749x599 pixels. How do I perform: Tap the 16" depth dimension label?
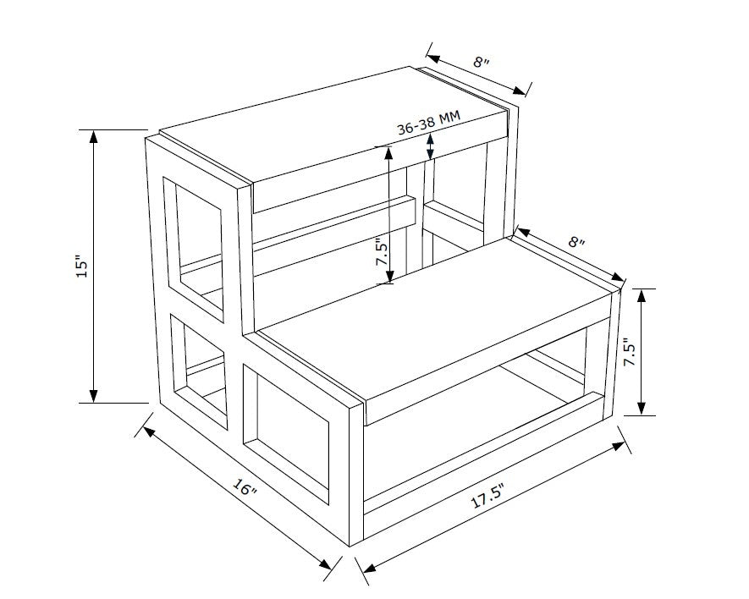click(245, 487)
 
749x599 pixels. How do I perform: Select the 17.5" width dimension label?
click(487, 495)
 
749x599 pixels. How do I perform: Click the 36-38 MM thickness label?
click(428, 123)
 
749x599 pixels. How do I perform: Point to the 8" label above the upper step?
click(482, 62)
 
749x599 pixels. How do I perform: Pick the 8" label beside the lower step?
click(576, 241)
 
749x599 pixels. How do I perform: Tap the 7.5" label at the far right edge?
click(631, 352)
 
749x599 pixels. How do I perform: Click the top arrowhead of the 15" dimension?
click(94, 137)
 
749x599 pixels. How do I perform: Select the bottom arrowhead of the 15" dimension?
click(94, 395)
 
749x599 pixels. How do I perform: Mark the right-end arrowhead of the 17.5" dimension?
click(619, 446)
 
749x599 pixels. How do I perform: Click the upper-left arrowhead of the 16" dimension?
click(149, 431)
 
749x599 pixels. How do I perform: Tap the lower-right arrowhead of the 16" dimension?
click(325, 564)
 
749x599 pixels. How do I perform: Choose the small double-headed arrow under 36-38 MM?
click(431, 146)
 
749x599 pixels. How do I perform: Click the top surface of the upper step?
click(333, 125)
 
